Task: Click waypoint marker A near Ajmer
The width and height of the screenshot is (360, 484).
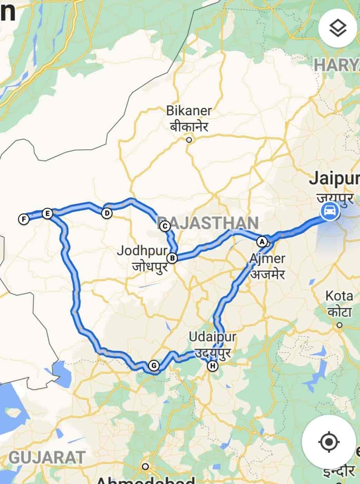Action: [262, 241]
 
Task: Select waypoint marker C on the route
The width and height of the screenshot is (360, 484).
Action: [165, 226]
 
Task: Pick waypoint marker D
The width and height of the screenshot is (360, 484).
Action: [107, 213]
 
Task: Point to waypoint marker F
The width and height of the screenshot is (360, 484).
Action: [23, 219]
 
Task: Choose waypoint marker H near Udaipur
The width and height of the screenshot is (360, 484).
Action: [213, 366]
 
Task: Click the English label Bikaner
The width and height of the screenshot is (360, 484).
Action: [189, 111]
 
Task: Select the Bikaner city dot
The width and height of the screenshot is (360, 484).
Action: [189, 140]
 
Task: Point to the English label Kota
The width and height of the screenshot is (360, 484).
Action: [339, 296]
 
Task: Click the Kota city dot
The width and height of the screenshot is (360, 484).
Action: [340, 325]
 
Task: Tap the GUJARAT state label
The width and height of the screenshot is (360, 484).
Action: [47, 457]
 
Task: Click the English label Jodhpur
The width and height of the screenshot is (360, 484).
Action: [142, 251]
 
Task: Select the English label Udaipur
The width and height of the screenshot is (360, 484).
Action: [212, 337]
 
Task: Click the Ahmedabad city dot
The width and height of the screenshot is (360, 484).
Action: [146, 466]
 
